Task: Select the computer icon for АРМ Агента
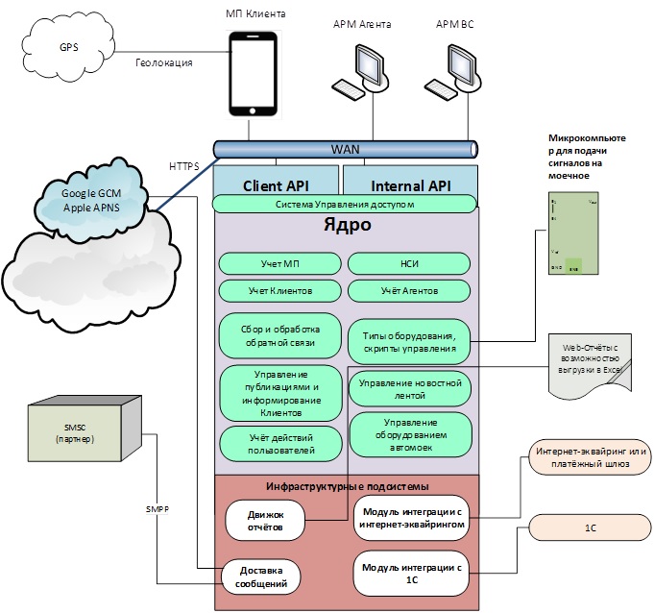(362, 69)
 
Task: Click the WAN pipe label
(347, 150)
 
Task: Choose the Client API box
(275, 184)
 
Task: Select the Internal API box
(410, 184)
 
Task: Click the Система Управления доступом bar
(345, 204)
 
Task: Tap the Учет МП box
(279, 263)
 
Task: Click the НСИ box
(409, 263)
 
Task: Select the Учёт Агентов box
(409, 290)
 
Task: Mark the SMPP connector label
(157, 508)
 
